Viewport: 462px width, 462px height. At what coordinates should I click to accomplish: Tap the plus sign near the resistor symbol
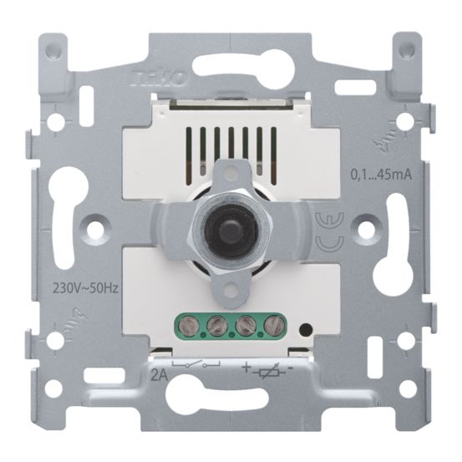click(x=247, y=365)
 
